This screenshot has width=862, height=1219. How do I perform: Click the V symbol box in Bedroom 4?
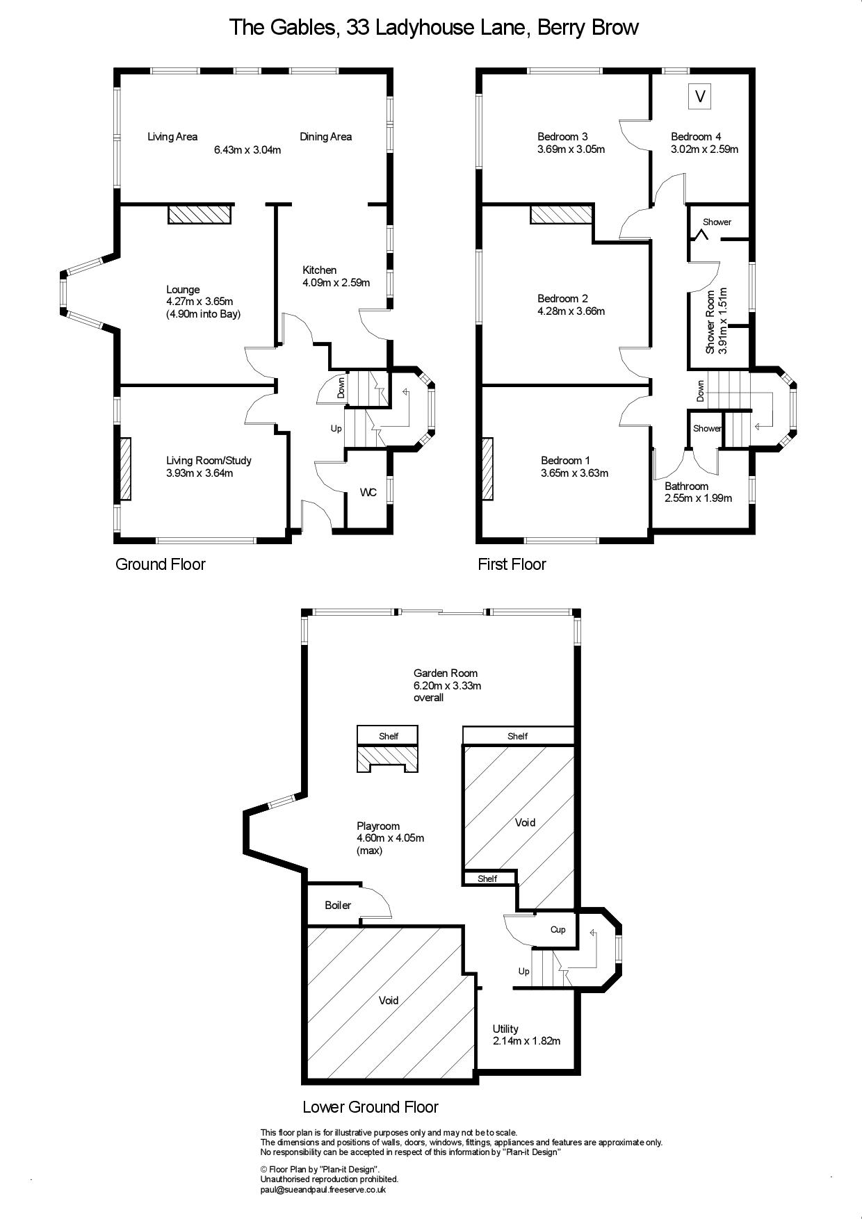pos(700,96)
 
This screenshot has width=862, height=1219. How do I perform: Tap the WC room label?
pos(368,493)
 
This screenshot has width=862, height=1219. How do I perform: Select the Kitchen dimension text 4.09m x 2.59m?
pos(336,283)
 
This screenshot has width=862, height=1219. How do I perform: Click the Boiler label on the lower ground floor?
pos(338,905)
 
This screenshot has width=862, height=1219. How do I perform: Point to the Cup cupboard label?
pos(558,930)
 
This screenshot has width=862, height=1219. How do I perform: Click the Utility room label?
pos(505,1029)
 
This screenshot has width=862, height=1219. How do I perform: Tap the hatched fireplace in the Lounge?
pos(200,213)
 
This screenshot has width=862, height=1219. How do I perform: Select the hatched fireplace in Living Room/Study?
pos(124,469)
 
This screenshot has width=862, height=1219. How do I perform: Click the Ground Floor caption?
pos(161,564)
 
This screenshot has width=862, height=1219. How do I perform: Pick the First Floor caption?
pos(512,564)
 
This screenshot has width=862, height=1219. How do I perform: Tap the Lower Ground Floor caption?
pos(371,1107)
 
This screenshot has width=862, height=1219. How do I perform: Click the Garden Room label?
pos(446,673)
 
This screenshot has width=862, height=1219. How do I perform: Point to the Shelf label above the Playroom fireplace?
pos(389,736)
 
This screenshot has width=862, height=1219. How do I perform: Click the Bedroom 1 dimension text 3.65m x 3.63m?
pos(575,473)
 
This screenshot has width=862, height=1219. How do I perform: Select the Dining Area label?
pos(325,137)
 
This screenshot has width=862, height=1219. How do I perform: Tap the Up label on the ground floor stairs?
pos(336,429)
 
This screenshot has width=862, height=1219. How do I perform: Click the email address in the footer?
pos(323,1190)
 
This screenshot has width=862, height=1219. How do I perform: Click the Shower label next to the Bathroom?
pos(707,428)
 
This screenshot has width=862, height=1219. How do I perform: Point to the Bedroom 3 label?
pos(562,137)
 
